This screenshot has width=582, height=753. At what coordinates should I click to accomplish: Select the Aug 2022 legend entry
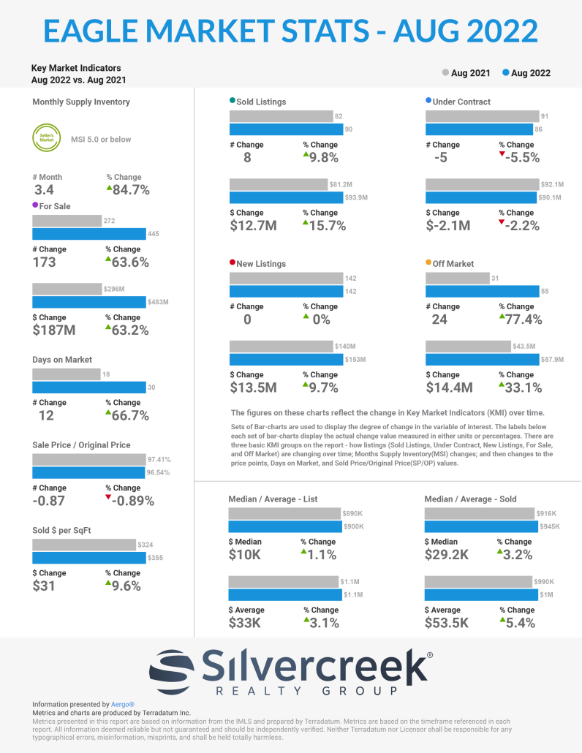(x=526, y=73)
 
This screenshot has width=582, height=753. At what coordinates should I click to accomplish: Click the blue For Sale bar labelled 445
(x=89, y=234)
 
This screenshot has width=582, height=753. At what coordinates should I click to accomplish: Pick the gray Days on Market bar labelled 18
(x=66, y=374)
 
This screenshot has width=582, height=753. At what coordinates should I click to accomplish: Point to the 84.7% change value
(x=131, y=190)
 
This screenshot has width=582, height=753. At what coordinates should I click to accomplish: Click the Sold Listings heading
(x=261, y=102)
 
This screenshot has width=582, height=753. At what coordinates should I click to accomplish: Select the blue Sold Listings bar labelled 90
(x=286, y=129)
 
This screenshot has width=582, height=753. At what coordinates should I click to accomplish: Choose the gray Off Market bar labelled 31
(x=458, y=278)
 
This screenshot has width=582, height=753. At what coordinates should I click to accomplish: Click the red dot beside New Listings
(x=233, y=262)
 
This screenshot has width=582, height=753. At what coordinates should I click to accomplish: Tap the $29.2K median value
(x=448, y=555)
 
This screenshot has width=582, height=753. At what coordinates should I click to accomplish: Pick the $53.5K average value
(x=448, y=623)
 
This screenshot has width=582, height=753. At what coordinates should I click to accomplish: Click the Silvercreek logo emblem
(x=173, y=667)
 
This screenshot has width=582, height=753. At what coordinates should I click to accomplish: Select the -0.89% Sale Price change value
(x=134, y=501)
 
